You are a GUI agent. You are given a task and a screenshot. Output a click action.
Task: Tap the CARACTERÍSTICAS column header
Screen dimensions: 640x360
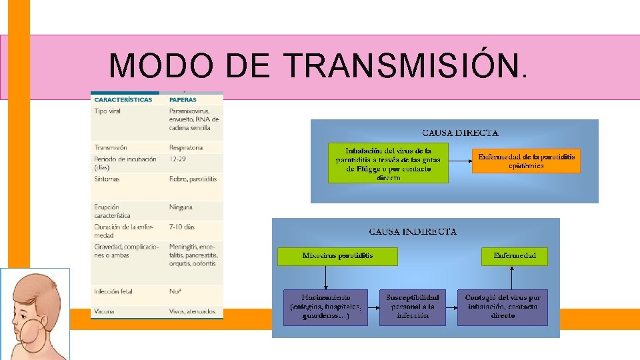click(x=123, y=100)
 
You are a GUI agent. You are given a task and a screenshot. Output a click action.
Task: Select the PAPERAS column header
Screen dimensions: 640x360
click(x=183, y=100)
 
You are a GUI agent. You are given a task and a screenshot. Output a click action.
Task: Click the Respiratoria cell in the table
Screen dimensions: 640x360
click(x=186, y=147)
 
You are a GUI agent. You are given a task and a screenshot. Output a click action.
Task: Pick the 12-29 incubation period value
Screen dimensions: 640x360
click(x=178, y=159)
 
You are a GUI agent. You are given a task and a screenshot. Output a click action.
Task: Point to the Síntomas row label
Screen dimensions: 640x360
click(x=109, y=179)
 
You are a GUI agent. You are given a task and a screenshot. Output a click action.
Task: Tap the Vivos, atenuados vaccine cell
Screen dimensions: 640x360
click(x=193, y=311)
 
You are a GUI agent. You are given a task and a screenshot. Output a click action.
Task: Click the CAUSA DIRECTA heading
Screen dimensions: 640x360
click(x=460, y=133)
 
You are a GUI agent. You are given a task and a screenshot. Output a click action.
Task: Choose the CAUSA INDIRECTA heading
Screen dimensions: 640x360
click(x=413, y=231)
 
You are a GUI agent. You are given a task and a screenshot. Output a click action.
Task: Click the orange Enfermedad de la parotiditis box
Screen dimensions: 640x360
click(x=526, y=161)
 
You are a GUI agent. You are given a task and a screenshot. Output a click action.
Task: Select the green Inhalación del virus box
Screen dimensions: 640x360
click(x=388, y=163)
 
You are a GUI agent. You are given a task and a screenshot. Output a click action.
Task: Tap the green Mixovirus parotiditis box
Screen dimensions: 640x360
click(x=337, y=256)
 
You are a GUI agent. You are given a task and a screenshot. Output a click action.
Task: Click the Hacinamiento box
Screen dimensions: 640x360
click(x=325, y=307)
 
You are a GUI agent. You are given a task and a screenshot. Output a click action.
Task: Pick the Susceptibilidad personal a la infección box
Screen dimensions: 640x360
click(x=412, y=307)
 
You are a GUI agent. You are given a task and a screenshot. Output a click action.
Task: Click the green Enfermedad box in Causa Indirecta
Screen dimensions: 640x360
click(x=514, y=256)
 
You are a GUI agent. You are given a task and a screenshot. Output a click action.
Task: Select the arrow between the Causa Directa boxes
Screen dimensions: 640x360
click(x=460, y=161)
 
